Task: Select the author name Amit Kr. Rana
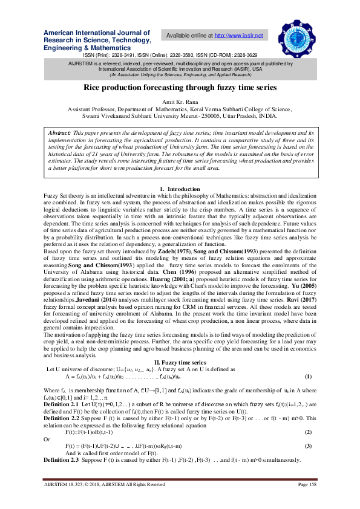180,103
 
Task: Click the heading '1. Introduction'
180,190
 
